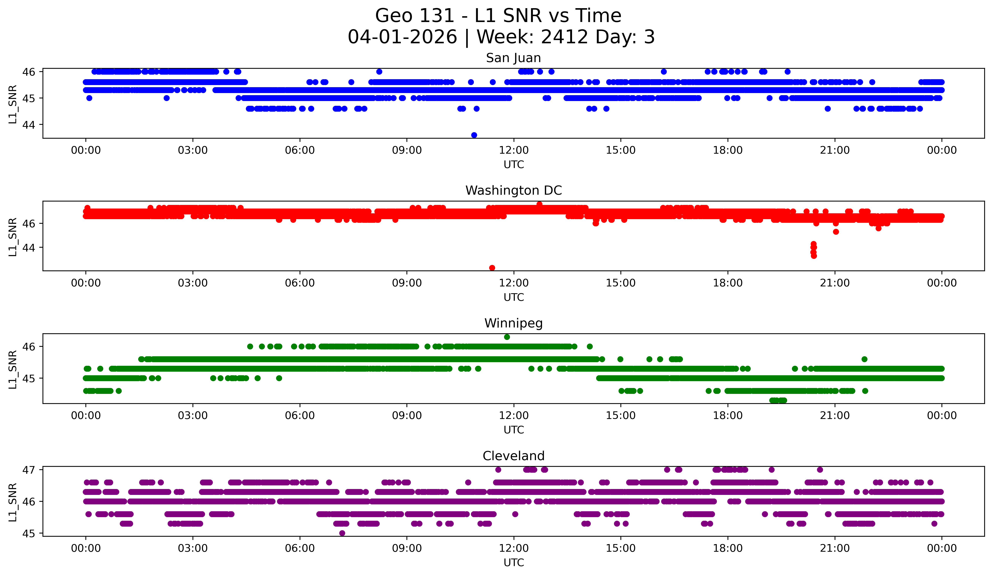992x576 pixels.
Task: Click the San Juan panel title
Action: (513, 58)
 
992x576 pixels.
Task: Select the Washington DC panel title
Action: (513, 190)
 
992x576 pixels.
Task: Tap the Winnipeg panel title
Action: (513, 323)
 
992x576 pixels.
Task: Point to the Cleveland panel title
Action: (513, 456)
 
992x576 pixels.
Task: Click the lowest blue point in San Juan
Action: (474, 135)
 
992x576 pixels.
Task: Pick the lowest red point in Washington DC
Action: (492, 268)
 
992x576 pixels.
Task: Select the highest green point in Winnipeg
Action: (507, 337)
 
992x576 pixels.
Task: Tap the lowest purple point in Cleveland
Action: (342, 533)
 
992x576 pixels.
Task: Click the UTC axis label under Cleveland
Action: (514, 563)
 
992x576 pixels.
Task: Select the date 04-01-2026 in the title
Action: (402, 37)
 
